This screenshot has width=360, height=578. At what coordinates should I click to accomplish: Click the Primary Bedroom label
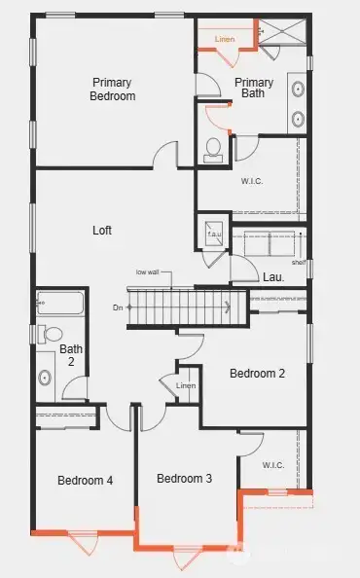pyautogui.click(x=113, y=89)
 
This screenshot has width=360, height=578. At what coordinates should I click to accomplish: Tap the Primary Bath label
pyautogui.click(x=254, y=88)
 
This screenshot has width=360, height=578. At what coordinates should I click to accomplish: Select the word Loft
pyautogui.click(x=102, y=231)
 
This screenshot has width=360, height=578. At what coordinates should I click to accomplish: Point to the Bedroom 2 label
pyautogui.click(x=257, y=373)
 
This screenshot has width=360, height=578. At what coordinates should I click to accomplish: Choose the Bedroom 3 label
pyautogui.click(x=184, y=478)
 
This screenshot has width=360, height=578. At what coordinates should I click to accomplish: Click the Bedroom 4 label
pyautogui.click(x=85, y=480)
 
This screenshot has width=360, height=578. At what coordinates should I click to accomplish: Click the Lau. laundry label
pyautogui.click(x=273, y=277)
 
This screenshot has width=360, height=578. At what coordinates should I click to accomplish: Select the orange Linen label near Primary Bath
pyautogui.click(x=225, y=39)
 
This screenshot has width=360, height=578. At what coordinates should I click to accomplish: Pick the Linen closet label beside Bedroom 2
pyautogui.click(x=186, y=386)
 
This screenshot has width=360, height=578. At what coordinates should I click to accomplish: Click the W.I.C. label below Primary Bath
pyautogui.click(x=252, y=180)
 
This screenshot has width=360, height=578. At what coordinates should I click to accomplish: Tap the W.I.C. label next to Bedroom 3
pyautogui.click(x=273, y=464)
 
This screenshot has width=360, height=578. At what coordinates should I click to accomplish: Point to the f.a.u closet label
pyautogui.click(x=212, y=235)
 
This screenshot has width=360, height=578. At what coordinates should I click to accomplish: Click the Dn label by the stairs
pyautogui.click(x=118, y=307)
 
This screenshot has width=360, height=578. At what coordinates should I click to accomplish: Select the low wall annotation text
pyautogui.click(x=148, y=272)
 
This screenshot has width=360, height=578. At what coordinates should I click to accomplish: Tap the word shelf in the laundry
pyautogui.click(x=298, y=262)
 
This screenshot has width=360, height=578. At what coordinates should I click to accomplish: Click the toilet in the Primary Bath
pyautogui.click(x=214, y=148)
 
